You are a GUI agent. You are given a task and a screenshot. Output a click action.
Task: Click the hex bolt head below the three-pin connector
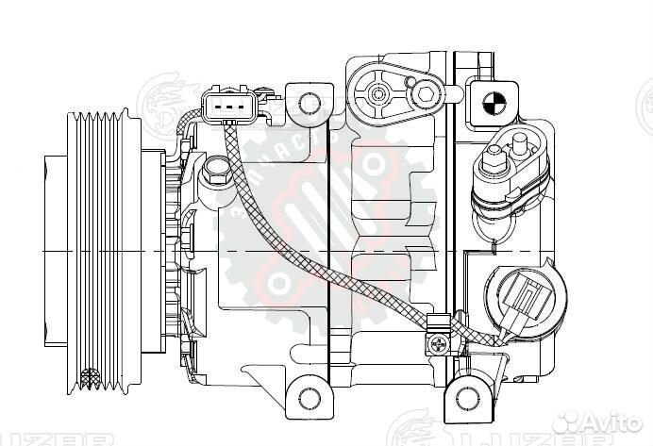pyautogui.click(x=214, y=175)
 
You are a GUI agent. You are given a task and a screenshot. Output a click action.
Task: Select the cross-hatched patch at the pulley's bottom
pyautogui.click(x=91, y=379)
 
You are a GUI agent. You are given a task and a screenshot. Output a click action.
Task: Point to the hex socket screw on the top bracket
pyautogui.click(x=427, y=94)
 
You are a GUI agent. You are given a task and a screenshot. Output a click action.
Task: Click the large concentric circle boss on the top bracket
pyautogui.click(x=379, y=94)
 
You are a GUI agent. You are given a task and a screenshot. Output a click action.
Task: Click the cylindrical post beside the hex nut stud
pyautogui.click(x=518, y=144)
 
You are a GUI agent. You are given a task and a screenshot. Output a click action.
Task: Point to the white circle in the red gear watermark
pyautogui.click(x=280, y=281)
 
